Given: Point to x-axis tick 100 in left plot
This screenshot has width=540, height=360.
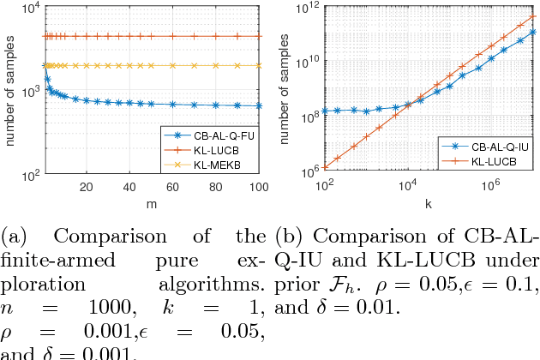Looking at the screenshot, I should click(260, 187).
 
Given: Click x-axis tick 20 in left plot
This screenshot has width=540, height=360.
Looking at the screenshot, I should click(86, 187).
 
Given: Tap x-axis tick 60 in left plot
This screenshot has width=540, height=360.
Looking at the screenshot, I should click(173, 187).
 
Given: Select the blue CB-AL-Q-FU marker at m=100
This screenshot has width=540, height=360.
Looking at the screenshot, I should click(260, 106).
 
